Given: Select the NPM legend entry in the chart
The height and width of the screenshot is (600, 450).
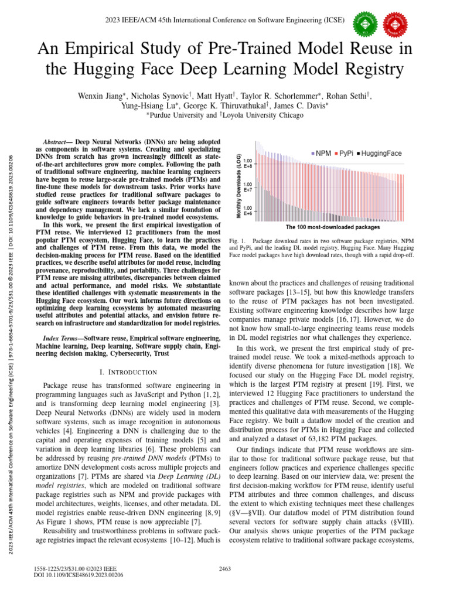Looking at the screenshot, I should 321,154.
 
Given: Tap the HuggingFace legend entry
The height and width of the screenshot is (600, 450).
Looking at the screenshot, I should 379,154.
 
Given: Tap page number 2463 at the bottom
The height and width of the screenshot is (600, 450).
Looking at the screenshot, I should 225,568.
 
